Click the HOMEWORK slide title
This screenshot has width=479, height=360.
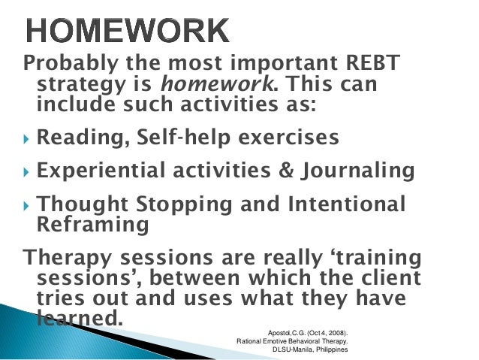point(128,30)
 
